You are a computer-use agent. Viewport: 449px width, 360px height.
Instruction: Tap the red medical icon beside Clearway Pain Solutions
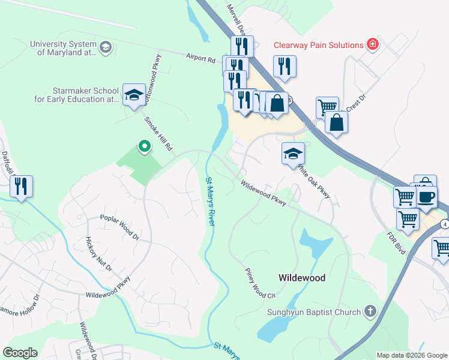tap(373, 45)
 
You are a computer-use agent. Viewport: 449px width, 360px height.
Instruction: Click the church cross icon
tap(370, 311)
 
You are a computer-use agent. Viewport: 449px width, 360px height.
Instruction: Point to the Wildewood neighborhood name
tap(302, 278)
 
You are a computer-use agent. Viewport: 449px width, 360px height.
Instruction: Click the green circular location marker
tap(144, 146)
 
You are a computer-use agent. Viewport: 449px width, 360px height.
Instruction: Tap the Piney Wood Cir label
tap(259, 283)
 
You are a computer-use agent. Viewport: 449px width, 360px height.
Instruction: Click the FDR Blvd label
tap(397, 242)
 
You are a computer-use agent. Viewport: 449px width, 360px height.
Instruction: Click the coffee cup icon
tap(426, 197)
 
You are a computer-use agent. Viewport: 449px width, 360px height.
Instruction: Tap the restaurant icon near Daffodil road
tap(21, 186)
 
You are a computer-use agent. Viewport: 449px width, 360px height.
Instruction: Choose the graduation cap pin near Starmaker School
tap(134, 94)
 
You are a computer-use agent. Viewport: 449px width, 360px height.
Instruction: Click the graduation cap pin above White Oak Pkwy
tap(292, 154)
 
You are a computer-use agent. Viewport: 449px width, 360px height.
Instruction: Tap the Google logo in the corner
tap(20, 353)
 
